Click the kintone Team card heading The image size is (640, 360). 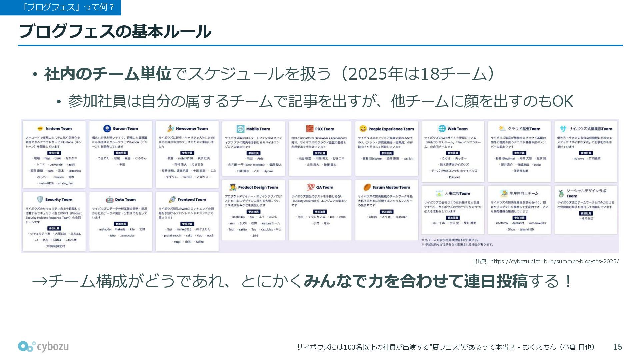(58, 129)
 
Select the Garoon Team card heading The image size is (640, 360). (125, 129)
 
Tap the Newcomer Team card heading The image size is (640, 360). (192, 129)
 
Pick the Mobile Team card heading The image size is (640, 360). (258, 129)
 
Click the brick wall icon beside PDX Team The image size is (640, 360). (310, 129)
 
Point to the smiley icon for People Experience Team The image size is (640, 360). (363, 129)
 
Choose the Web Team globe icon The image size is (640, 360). (442, 129)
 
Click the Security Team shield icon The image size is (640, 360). (40, 199)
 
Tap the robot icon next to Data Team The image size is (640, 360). (110, 200)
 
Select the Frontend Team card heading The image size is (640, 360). (192, 200)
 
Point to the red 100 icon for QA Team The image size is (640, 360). (311, 187)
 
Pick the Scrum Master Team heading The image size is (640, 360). (391, 187)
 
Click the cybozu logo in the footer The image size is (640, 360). (43, 347)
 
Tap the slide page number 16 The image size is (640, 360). (617, 347)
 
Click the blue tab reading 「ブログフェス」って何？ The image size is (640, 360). (60, 7)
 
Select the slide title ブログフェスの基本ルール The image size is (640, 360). (115, 32)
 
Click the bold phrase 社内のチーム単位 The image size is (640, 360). (107, 74)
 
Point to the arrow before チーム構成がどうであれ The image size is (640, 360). (40, 281)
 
